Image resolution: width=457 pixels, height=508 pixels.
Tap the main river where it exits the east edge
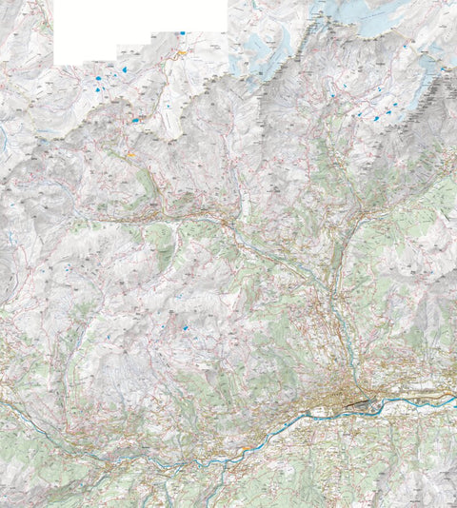tap(453, 397)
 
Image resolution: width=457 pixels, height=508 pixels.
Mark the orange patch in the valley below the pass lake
tap(131, 152)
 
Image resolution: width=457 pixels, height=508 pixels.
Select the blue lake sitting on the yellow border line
tap(136, 120)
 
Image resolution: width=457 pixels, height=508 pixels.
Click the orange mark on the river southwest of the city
tap(249, 442)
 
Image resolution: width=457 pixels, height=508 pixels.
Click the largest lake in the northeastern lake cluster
tap(377, 118)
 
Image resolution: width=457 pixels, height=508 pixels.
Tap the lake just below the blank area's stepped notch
tap(122, 68)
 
